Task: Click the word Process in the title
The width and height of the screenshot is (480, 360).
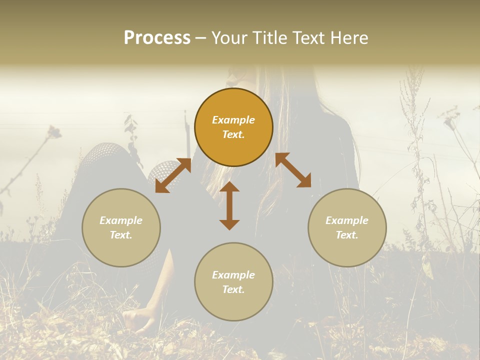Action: pos(157,38)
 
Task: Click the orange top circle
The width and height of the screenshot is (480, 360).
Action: pos(233,127)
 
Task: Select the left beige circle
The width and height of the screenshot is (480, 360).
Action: pos(121,227)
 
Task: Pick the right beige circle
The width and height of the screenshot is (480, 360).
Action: pos(347,227)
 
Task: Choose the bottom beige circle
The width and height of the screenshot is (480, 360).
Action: pos(233,281)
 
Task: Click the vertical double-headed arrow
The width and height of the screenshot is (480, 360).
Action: pos(229,205)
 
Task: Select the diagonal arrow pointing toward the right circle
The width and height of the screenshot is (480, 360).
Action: pos(293,170)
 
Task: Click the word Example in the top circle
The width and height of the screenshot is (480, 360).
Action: pos(233,120)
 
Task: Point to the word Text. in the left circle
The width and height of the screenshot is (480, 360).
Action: pos(121,235)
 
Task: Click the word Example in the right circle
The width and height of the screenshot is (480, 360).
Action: pos(347,220)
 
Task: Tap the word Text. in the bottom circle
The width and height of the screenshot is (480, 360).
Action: pos(233,289)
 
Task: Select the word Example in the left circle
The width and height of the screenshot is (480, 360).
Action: pos(121,220)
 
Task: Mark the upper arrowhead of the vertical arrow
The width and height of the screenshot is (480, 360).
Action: pos(229,188)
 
